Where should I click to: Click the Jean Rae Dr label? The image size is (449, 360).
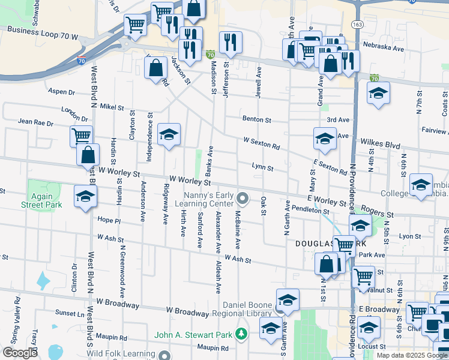36,122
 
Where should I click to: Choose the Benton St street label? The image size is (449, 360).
257,119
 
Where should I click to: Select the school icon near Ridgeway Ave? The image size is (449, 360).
169,135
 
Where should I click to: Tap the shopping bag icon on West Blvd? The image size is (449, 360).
88,155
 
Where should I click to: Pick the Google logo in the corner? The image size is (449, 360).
21,353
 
